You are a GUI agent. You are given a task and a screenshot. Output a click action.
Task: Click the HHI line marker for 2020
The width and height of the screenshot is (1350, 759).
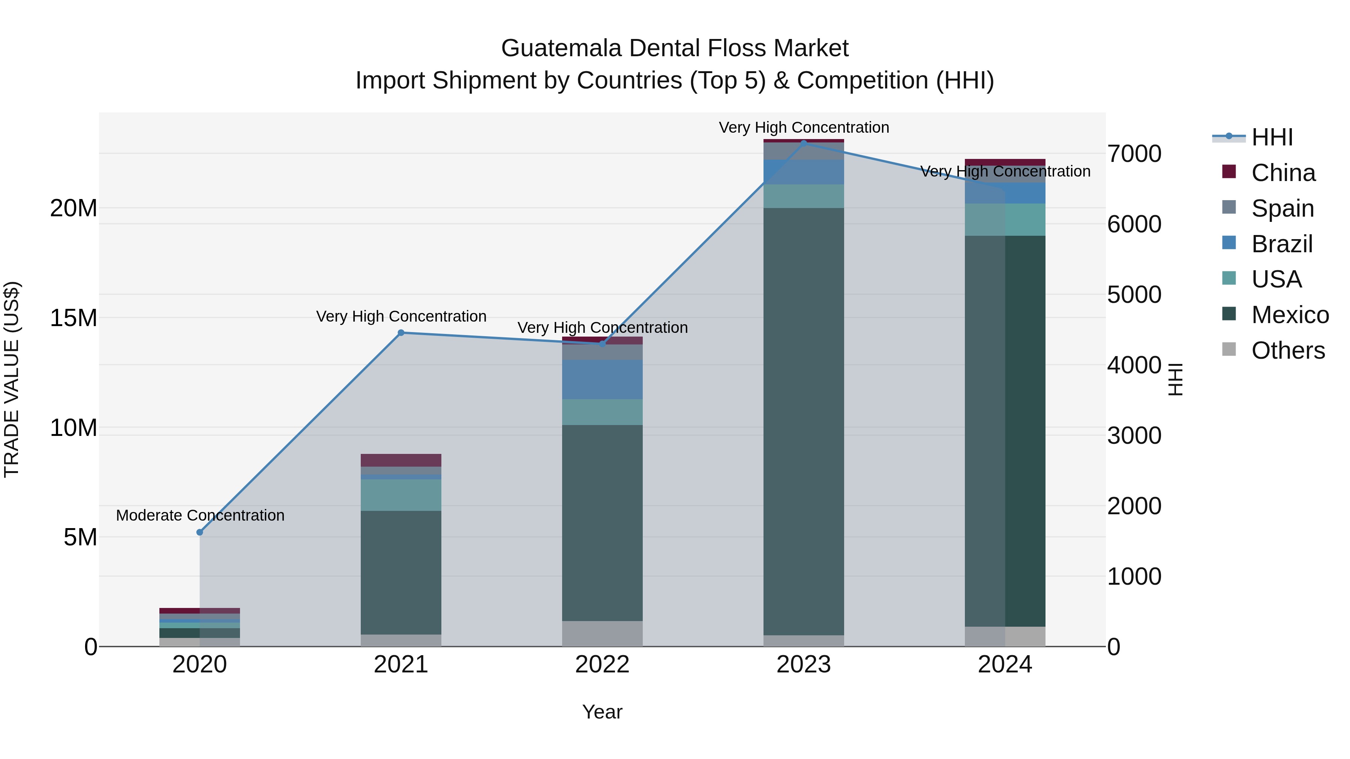tap(199, 532)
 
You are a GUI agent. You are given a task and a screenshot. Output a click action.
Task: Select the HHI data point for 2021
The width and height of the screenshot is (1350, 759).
tap(401, 332)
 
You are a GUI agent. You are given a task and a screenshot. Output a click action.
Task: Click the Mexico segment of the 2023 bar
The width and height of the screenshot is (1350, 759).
tap(803, 419)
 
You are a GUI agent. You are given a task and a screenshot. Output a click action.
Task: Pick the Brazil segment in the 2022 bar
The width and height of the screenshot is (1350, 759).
tap(602, 379)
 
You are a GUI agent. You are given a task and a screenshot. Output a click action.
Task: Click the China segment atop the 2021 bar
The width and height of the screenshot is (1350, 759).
tap(401, 460)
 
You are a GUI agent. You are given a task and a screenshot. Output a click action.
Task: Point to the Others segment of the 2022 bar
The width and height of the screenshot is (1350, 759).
tap(602, 633)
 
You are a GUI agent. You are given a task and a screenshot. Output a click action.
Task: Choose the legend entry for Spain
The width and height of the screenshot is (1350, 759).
tap(1282, 208)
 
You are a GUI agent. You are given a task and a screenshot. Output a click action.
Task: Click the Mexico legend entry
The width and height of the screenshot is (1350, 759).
tap(1289, 315)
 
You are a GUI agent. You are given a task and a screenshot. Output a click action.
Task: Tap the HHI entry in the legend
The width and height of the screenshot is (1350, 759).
tap(1271, 137)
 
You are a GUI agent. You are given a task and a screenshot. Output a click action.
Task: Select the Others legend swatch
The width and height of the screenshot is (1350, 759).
tap(1228, 349)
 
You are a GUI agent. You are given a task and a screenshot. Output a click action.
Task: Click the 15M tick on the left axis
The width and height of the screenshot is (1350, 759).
tap(73, 318)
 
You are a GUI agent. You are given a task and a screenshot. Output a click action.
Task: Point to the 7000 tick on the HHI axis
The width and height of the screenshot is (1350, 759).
tap(1134, 154)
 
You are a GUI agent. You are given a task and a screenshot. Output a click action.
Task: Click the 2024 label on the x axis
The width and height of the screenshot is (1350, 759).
tap(1005, 665)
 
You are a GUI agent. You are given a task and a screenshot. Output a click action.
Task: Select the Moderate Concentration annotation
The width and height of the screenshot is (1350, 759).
tap(200, 515)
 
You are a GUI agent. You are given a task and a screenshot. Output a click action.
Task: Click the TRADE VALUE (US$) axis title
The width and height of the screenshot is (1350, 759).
tap(12, 379)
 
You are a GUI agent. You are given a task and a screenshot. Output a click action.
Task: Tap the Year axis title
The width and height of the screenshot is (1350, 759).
tap(602, 712)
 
